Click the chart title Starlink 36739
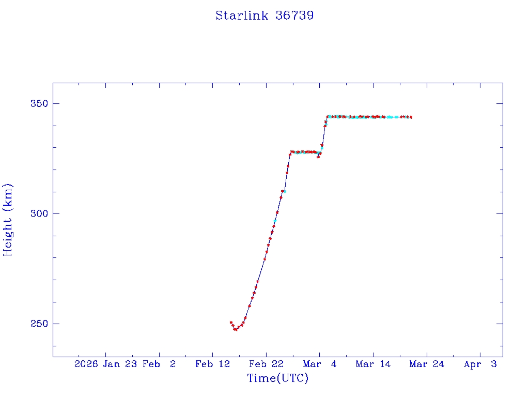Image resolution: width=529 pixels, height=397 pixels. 264,16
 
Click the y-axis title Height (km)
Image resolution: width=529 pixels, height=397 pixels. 8,220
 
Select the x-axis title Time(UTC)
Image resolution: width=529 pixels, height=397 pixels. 278,378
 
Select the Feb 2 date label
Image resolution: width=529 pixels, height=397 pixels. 160,364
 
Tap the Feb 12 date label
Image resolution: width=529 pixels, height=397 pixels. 212,364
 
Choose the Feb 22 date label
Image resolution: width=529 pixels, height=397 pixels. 266,364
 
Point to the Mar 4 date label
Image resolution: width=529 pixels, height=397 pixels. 320,364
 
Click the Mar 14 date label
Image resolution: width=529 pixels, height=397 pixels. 373,364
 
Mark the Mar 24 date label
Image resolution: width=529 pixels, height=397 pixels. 427,364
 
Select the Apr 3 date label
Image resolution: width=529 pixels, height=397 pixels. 480,364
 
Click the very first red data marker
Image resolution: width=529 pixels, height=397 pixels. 231,322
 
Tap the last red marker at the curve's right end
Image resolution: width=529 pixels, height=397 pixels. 411,117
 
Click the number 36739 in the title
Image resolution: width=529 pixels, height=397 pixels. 294,16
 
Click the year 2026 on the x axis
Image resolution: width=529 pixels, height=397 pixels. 86,364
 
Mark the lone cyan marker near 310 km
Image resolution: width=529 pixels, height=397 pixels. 285,191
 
